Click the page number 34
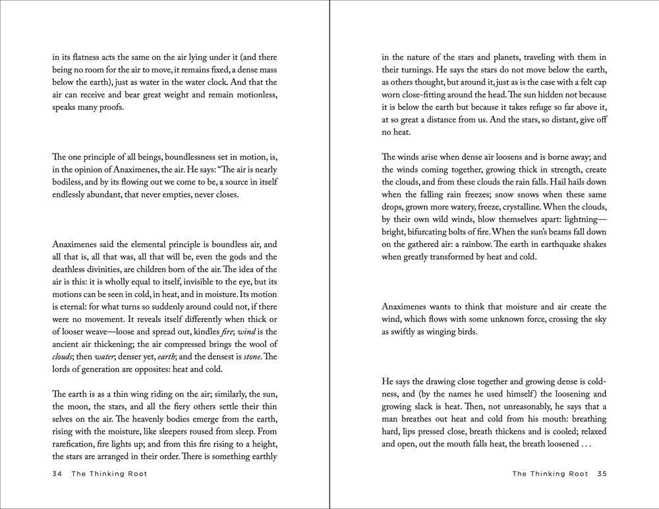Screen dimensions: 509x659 click(x=56, y=473)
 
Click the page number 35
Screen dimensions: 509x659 click(x=601, y=473)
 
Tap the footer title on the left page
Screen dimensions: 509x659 click(x=109, y=473)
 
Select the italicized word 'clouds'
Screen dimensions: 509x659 click(x=64, y=357)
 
